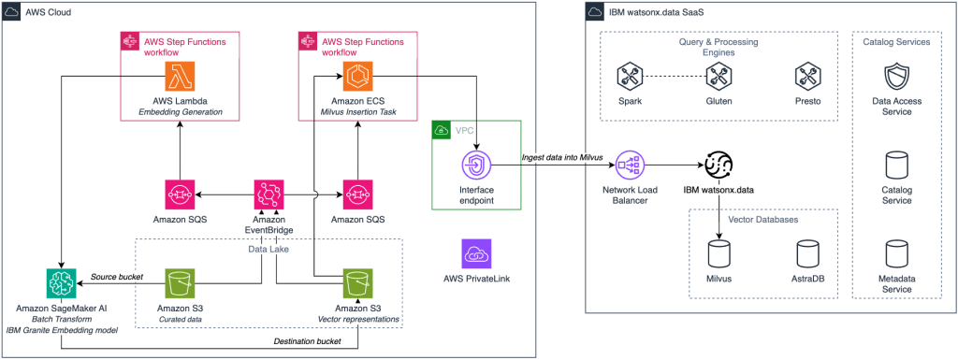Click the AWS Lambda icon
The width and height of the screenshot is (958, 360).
click(178, 76)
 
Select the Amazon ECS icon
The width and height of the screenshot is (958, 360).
click(356, 76)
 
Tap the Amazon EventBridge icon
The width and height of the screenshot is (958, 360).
click(269, 195)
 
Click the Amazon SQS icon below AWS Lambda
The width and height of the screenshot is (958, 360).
click(178, 195)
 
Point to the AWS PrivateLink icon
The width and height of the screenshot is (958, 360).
click(477, 254)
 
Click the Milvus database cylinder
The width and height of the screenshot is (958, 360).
click(719, 253)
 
